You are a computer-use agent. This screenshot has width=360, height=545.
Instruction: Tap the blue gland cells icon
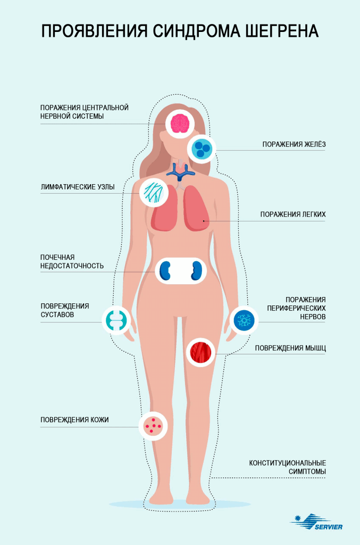click(x=202, y=148)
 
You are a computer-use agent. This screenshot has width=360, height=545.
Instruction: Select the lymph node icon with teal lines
click(x=154, y=192)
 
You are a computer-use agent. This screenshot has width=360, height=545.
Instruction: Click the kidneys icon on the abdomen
click(x=181, y=270)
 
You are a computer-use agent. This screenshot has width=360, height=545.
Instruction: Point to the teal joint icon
click(x=116, y=319)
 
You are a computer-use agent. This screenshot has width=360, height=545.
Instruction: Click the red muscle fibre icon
click(x=202, y=351)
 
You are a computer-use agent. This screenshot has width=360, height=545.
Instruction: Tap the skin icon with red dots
click(x=153, y=426)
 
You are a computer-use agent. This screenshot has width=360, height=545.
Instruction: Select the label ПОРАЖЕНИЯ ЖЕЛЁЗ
click(x=294, y=144)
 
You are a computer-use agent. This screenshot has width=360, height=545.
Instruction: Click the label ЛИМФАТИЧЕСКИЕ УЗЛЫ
click(x=78, y=187)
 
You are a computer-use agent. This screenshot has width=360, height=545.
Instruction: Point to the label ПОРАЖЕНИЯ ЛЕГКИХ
click(x=292, y=214)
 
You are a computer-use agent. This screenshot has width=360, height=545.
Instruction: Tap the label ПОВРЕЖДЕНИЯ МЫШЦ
click(x=290, y=348)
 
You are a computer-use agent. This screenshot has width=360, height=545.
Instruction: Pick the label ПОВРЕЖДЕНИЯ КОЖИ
click(x=74, y=420)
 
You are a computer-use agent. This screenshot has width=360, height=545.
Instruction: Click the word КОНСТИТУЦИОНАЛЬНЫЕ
click(x=287, y=463)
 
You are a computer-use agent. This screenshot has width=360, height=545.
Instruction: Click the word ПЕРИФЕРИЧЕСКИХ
click(x=297, y=308)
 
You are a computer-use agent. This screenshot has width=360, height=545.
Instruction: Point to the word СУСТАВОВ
click(x=57, y=315)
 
